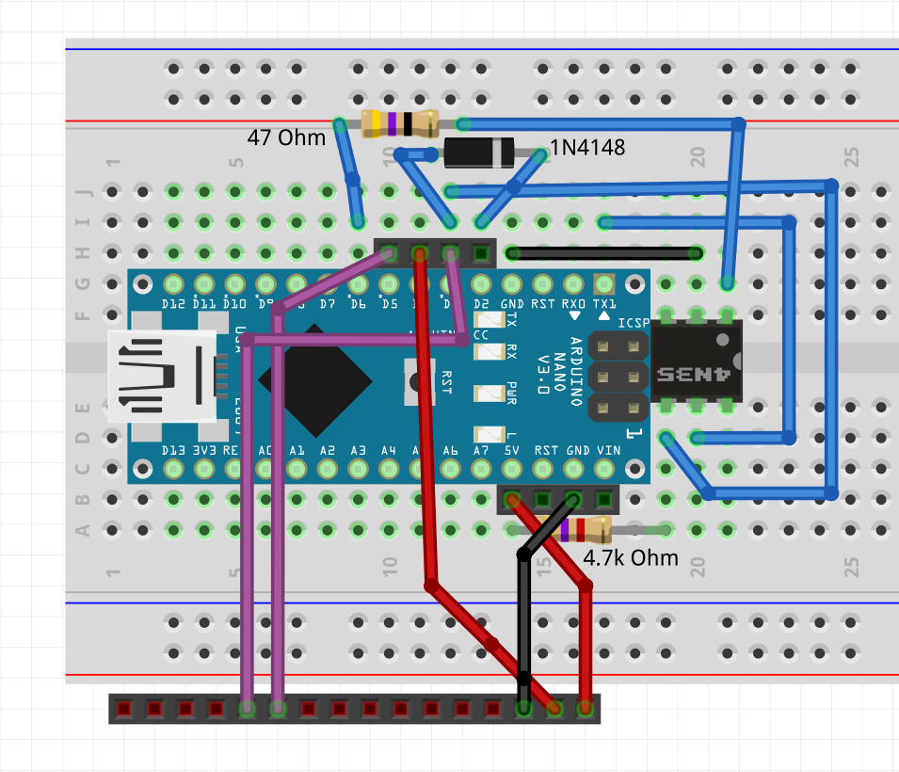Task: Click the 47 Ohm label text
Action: (x=286, y=137)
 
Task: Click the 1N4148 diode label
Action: (x=587, y=148)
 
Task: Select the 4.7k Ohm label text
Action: (x=631, y=557)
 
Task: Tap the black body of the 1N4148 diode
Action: (x=478, y=153)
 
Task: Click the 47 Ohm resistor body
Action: (x=399, y=123)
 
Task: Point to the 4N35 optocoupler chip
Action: (x=697, y=362)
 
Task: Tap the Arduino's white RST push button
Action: (x=416, y=381)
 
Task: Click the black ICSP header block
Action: (x=618, y=377)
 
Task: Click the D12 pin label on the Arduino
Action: (x=173, y=304)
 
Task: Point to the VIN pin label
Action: (x=608, y=451)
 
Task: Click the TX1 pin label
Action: (x=604, y=304)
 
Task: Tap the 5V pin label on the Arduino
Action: (x=512, y=451)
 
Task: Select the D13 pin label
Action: (x=173, y=451)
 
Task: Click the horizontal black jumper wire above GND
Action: (x=602, y=253)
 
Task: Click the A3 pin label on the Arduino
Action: (x=358, y=451)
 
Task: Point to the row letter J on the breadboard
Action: (x=82, y=193)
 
